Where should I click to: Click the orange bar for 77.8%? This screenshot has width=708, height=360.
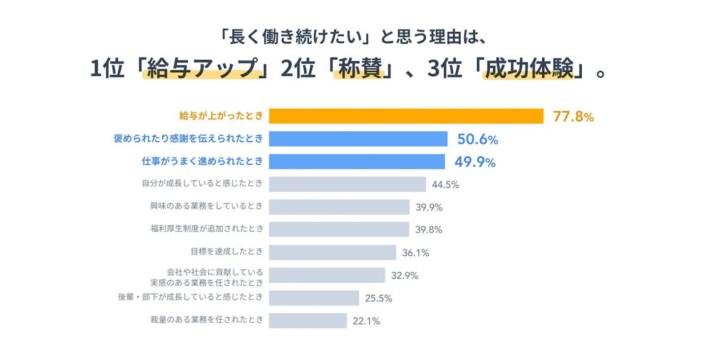pos(406,116)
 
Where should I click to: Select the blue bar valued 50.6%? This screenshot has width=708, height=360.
pos(358,139)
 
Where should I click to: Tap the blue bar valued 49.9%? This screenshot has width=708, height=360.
pos(357,161)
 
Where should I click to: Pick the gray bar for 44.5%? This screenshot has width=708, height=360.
pos(347,184)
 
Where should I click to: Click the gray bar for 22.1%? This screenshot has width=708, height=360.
pos(308,321)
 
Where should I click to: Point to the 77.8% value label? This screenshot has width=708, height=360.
pos(573,117)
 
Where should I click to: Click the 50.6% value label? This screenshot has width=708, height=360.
pos(477,139)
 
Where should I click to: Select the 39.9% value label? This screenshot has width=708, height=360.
pos(429,208)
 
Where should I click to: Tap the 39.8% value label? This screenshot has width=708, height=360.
pos(429,230)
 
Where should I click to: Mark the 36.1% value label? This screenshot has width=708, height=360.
pos(415,253)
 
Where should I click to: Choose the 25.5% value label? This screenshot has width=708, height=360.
pos(379,299)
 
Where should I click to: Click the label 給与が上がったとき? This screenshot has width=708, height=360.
pos(221,116)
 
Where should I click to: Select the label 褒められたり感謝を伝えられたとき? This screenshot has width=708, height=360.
pos(188,138)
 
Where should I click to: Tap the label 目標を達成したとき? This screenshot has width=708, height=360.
pos(227,251)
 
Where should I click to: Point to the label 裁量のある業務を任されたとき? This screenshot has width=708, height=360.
pos(207,320)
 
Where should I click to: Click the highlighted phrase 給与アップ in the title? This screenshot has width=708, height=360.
pos(203,68)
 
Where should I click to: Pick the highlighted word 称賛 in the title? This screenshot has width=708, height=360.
pos(360,68)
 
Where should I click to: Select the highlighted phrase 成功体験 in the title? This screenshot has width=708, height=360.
pos(530,68)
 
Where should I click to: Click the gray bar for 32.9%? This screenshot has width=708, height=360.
pos(327,275)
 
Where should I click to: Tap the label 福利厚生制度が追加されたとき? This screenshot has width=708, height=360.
pos(207,229)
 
